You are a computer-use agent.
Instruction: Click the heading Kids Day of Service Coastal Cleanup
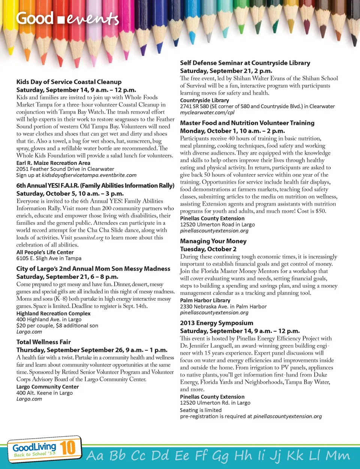pos(69,82)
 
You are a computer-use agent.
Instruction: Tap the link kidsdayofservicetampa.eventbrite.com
pos(89,175)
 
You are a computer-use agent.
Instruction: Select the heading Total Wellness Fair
pos(43,342)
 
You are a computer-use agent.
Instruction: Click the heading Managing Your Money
pos(213,241)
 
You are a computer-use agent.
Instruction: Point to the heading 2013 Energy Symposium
pos(217,323)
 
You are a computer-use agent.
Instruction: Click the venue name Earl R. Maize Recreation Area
pos(53,163)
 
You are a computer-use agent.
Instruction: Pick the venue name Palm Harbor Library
pos(205,300)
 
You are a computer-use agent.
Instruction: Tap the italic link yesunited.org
pos(88,238)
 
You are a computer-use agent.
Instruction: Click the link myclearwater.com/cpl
pos(207,112)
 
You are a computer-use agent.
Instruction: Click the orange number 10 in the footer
pos(68,448)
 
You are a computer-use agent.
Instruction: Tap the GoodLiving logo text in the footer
pos(34,447)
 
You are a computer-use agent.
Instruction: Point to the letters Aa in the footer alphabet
pos(95,456)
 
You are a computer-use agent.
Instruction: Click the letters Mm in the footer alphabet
pos(338,456)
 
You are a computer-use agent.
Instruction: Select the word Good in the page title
pos(34,18)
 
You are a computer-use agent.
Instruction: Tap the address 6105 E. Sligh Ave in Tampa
pos(49,258)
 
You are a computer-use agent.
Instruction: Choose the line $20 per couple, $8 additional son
pos(57,326)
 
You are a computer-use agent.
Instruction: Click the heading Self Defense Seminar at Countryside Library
pos(245,63)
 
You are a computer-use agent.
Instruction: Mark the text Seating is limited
pos(201,410)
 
